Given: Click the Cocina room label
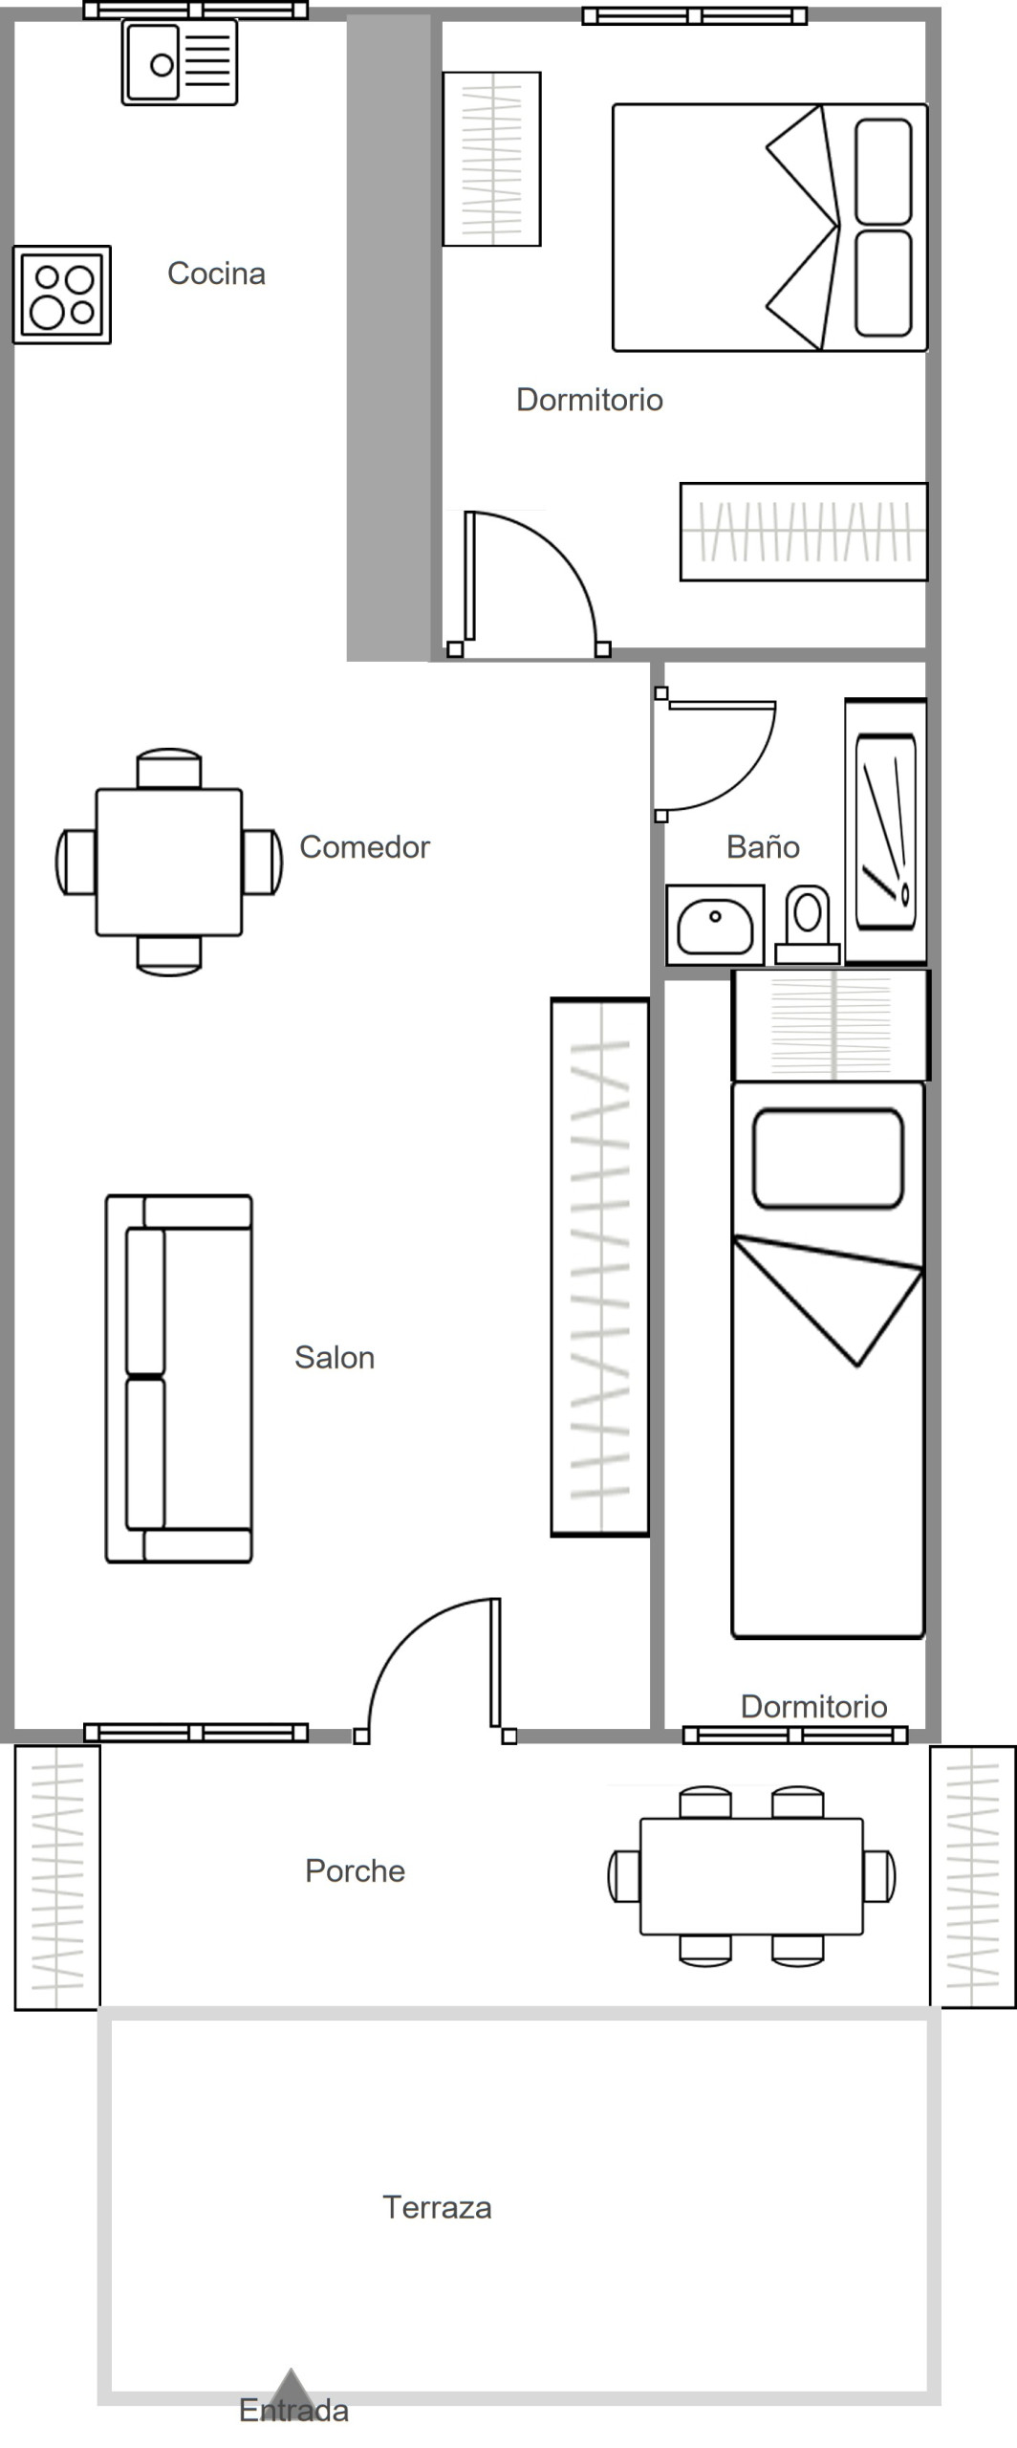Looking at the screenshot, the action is (x=216, y=273).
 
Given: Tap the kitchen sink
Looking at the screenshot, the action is (x=179, y=63).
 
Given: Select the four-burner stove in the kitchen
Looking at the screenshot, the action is (x=62, y=295).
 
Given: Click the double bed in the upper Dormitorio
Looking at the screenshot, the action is (x=770, y=228).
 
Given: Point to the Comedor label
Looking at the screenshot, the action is (x=364, y=846).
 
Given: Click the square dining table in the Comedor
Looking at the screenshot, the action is (x=168, y=862).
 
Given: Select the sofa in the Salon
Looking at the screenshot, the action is (x=179, y=1378).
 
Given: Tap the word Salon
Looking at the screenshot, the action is (x=335, y=1357).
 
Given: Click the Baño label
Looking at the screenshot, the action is (x=763, y=846).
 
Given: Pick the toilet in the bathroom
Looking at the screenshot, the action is (x=808, y=924).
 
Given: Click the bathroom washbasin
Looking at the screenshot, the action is (x=715, y=925).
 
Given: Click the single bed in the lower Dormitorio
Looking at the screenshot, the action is (x=828, y=1360).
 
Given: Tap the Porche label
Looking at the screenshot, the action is (x=355, y=1870).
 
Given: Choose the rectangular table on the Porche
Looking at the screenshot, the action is (x=751, y=1876).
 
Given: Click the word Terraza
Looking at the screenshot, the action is (x=437, y=2207).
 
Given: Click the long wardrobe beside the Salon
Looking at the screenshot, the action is (x=600, y=1267).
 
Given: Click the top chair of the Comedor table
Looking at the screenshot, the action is (x=169, y=769).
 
